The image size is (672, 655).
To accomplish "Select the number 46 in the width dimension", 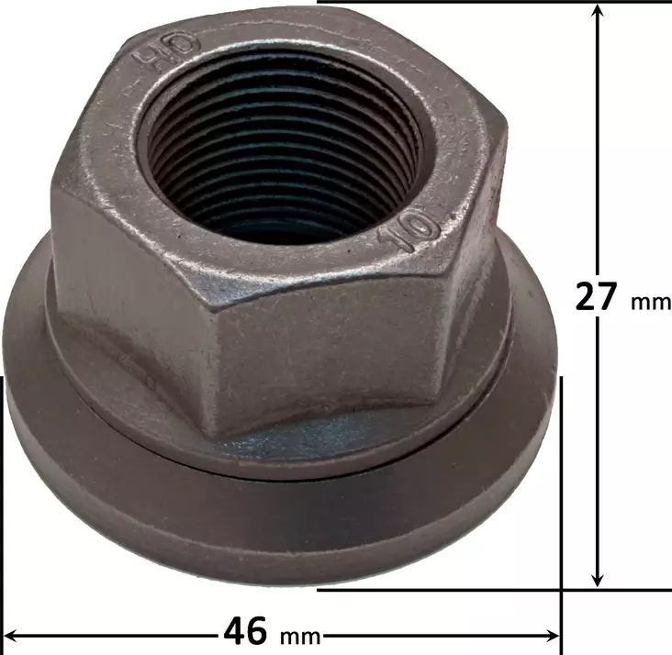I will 246,632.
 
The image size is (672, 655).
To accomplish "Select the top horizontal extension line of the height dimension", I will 459,2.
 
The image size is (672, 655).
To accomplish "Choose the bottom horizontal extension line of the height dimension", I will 459,590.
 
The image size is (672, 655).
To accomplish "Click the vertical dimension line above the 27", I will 598,138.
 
